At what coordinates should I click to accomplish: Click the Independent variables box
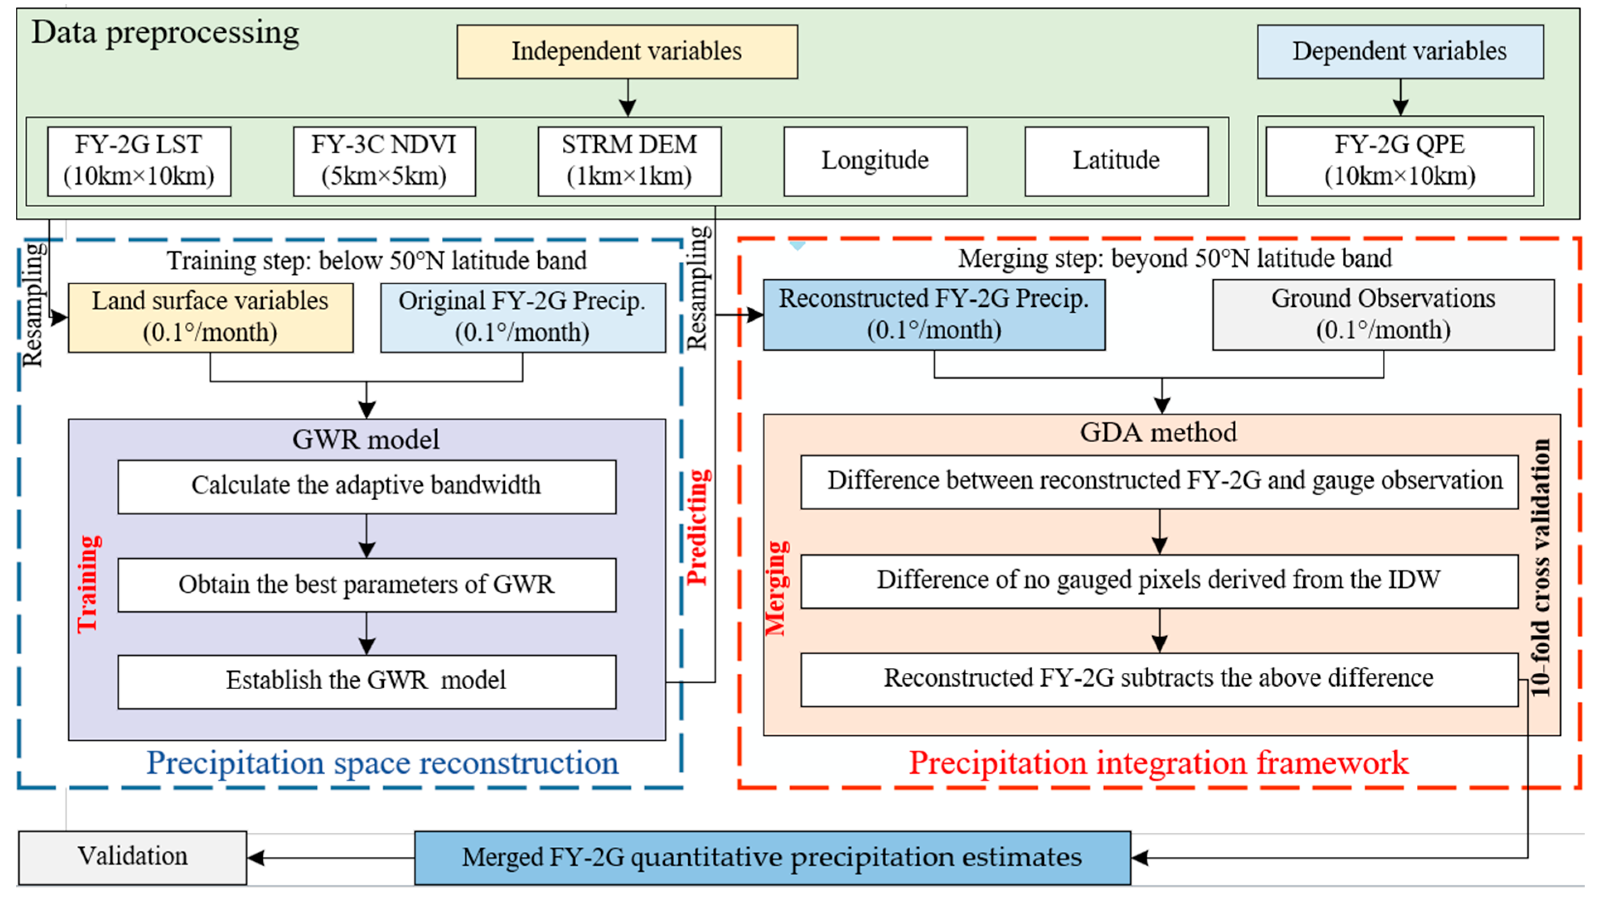click(627, 51)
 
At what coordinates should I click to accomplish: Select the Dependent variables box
click(1400, 51)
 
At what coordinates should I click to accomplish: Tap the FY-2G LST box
click(139, 161)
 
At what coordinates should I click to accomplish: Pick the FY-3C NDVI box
click(384, 161)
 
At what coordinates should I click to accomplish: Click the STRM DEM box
click(629, 161)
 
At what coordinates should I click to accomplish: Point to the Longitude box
click(875, 161)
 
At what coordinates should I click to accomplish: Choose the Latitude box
click(1116, 161)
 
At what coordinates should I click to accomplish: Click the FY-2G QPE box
click(1399, 161)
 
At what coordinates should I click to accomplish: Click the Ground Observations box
click(1383, 314)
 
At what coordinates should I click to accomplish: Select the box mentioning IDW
click(1159, 581)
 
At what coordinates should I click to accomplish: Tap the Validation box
click(132, 858)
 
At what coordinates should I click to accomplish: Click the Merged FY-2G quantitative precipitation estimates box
click(772, 858)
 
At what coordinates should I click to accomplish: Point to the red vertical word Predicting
click(699, 527)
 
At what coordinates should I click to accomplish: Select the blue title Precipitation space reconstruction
click(382, 763)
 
